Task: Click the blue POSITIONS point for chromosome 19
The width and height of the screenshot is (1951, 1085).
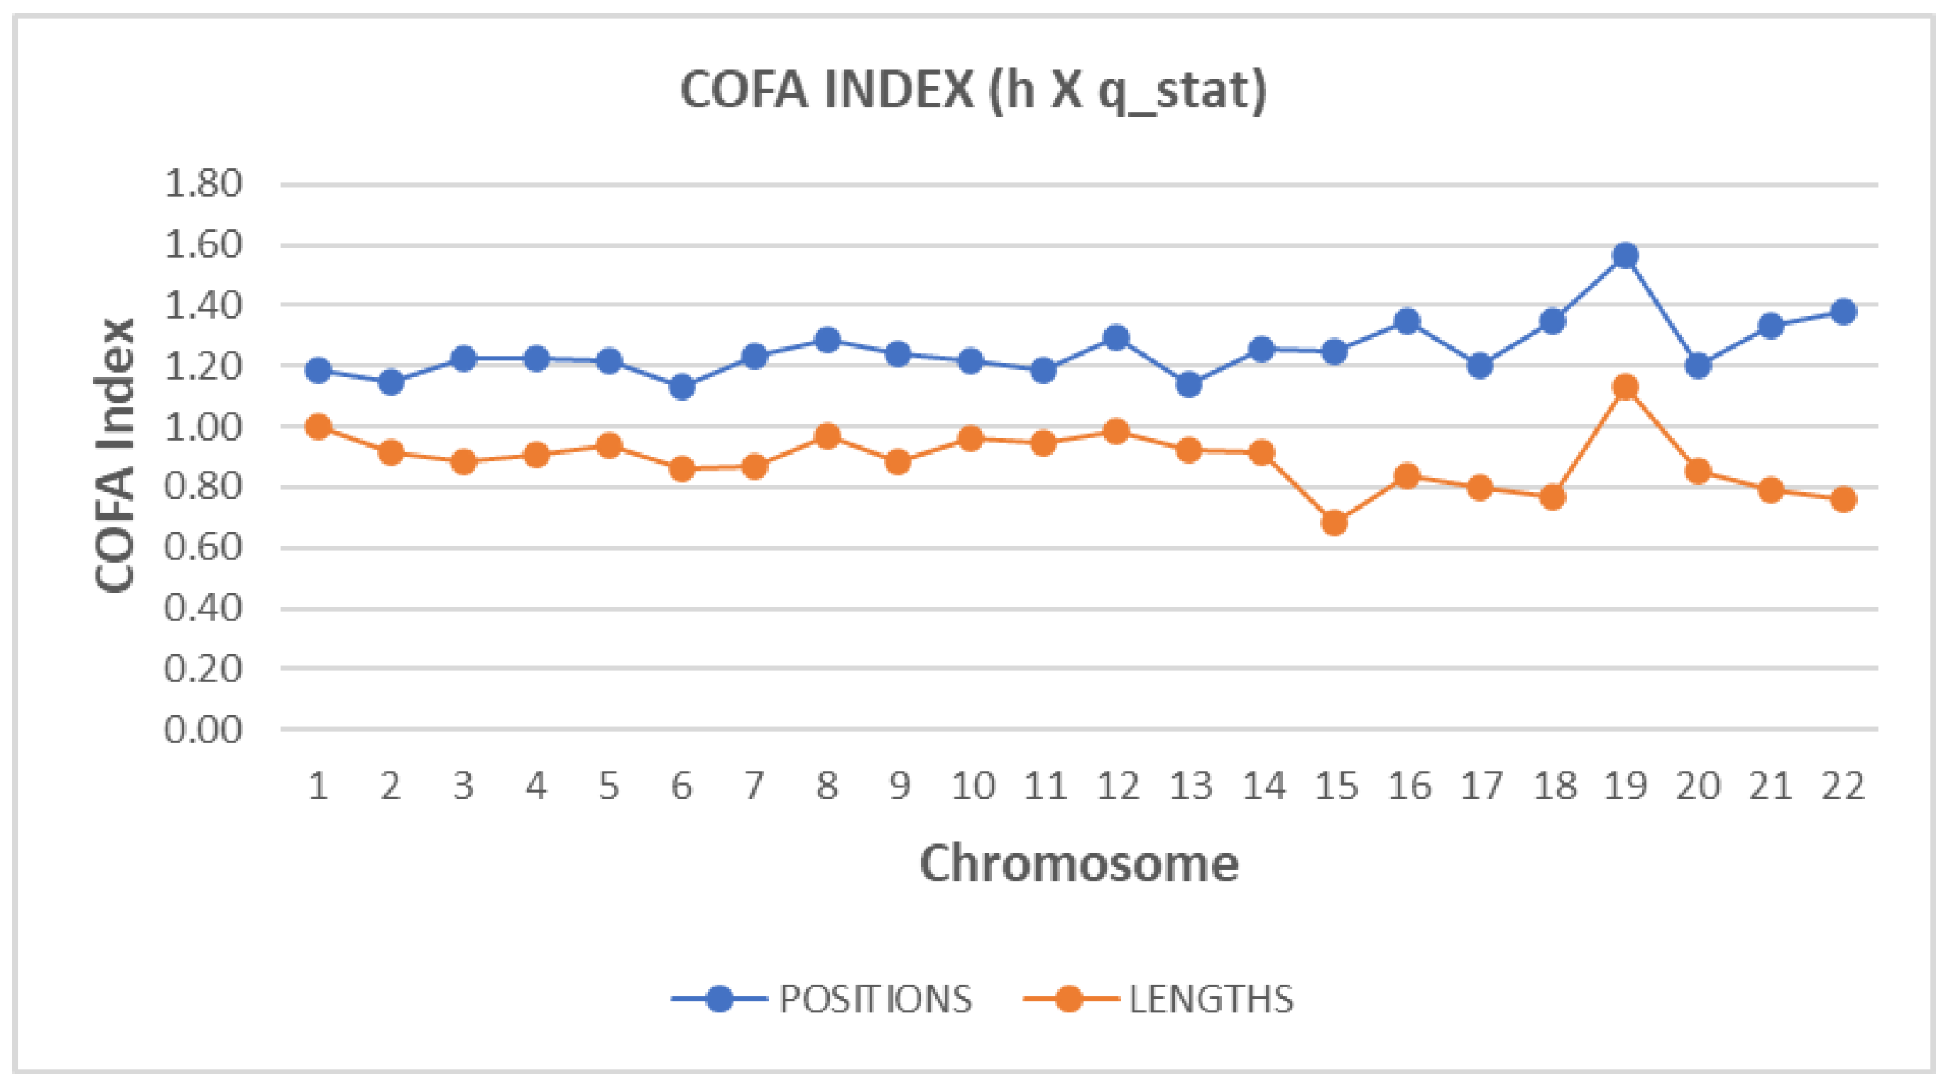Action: [1626, 255]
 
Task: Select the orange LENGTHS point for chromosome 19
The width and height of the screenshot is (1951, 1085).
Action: [1626, 387]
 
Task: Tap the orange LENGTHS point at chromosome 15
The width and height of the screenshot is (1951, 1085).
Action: [1335, 523]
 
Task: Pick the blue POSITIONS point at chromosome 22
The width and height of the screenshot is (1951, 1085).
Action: [1844, 312]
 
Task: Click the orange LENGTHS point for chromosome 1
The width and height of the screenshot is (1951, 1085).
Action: [318, 427]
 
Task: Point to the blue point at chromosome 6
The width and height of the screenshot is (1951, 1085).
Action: [681, 387]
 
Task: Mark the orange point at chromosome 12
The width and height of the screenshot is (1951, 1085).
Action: [1116, 431]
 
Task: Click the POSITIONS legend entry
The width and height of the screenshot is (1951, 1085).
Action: [875, 999]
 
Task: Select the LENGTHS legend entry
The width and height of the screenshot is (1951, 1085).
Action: [1211, 999]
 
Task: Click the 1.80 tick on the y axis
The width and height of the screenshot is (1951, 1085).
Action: [203, 184]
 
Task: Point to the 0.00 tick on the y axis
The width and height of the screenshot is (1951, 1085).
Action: [203, 729]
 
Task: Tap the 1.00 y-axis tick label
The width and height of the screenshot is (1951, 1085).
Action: [203, 427]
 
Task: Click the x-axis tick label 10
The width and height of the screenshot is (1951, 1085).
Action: [972, 787]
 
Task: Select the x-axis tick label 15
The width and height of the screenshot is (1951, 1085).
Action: [1336, 787]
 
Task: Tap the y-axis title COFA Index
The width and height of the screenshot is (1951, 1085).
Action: [115, 455]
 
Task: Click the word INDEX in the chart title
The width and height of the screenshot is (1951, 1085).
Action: [898, 90]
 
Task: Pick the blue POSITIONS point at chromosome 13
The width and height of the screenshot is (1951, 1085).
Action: [1189, 384]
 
